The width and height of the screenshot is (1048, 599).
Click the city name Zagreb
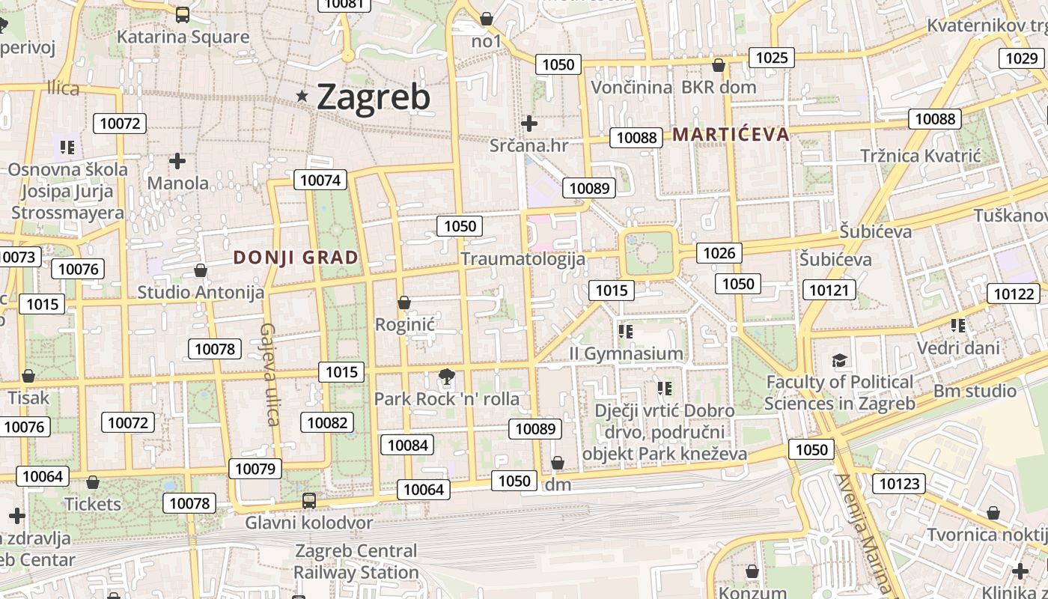pyautogui.click(x=374, y=97)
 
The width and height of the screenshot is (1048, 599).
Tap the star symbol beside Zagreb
pyautogui.click(x=302, y=96)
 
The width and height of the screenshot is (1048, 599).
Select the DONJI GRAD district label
pyautogui.click(x=296, y=258)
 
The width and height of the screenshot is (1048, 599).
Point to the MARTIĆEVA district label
pyautogui.click(x=731, y=135)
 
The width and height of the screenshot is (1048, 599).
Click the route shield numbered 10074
pyautogui.click(x=320, y=180)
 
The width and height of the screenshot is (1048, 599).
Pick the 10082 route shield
pyautogui.click(x=327, y=422)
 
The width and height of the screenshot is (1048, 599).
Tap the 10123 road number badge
pyautogui.click(x=899, y=484)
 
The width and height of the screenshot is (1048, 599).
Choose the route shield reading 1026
pyautogui.click(x=719, y=253)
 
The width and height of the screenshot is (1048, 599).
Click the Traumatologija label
pyautogui.click(x=523, y=259)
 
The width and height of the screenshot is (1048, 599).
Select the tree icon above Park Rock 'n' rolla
pyautogui.click(x=447, y=377)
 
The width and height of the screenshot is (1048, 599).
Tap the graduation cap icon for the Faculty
pyautogui.click(x=840, y=361)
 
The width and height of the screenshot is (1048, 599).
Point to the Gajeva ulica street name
pyautogui.click(x=269, y=374)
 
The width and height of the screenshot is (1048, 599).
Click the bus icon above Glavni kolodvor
pyautogui.click(x=308, y=501)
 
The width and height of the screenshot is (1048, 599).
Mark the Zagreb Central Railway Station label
pyautogui.click(x=356, y=562)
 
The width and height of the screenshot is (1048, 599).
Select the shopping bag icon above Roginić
pyautogui.click(x=404, y=302)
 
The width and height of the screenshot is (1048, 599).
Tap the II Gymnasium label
pyautogui.click(x=626, y=353)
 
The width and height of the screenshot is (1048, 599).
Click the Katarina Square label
pyautogui.click(x=183, y=37)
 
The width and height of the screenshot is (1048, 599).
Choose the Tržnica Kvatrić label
pyautogui.click(x=920, y=156)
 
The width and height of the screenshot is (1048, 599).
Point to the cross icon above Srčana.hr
pyautogui.click(x=529, y=123)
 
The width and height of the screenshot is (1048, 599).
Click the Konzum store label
pyautogui.click(x=752, y=592)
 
